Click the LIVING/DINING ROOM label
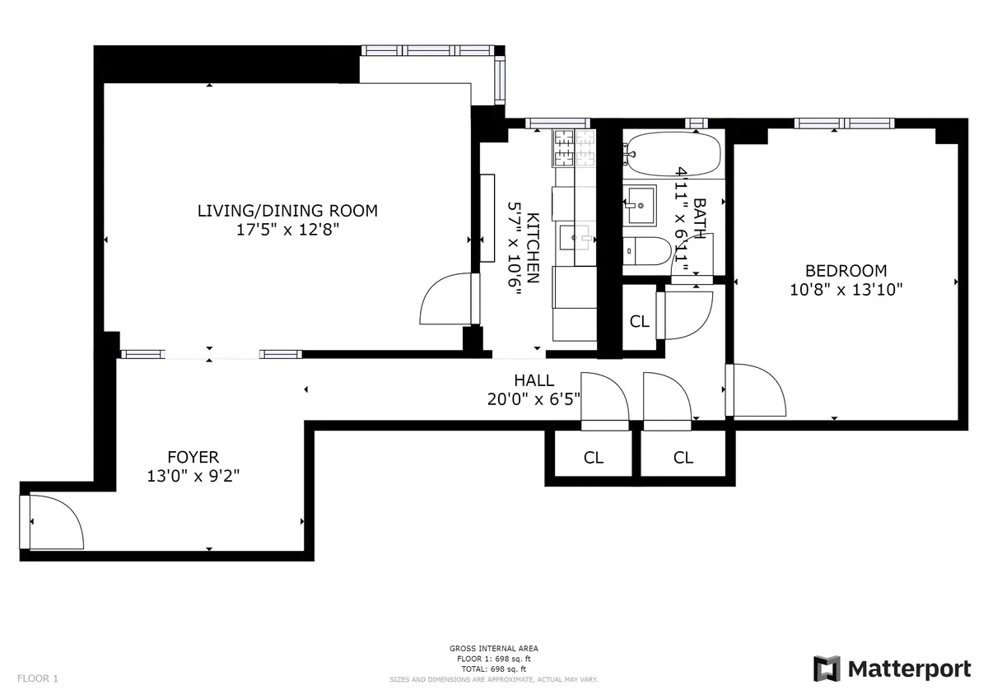pyautogui.click(x=287, y=211)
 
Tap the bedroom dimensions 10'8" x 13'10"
pyautogui.click(x=846, y=289)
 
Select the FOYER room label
pyautogui.click(x=193, y=457)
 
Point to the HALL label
pyautogui.click(x=534, y=380)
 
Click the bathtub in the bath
pyautogui.click(x=673, y=154)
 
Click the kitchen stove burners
pyautogui.click(x=574, y=147)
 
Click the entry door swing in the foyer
pyautogui.click(x=56, y=524)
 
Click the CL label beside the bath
pyautogui.click(x=640, y=322)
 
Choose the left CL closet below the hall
pyautogui.click(x=593, y=458)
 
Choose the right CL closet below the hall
pyautogui.click(x=683, y=458)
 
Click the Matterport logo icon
pyautogui.click(x=827, y=669)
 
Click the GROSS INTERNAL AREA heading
pyautogui.click(x=493, y=649)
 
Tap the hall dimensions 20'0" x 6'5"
pyautogui.click(x=534, y=399)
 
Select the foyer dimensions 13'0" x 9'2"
pyautogui.click(x=193, y=476)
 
